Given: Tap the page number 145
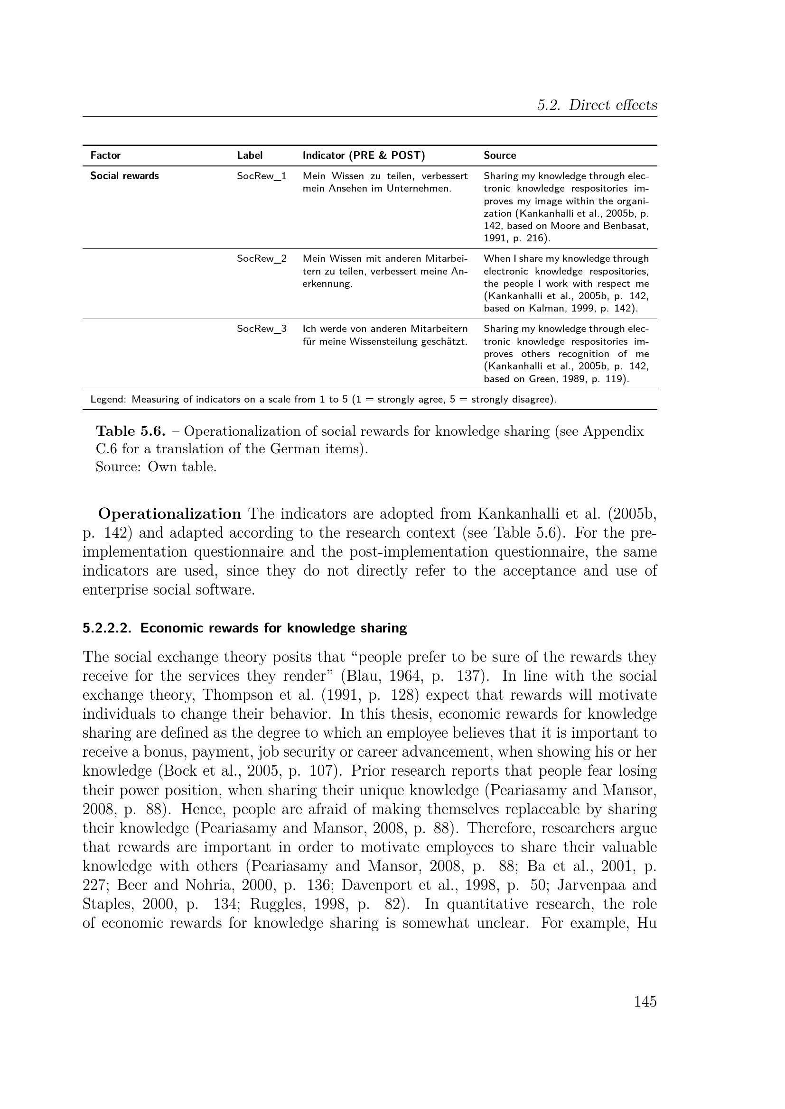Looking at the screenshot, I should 645,1001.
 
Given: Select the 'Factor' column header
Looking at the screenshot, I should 105,156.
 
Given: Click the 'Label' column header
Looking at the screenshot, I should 250,156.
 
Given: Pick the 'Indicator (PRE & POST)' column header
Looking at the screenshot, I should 364,156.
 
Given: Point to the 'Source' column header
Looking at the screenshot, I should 499,156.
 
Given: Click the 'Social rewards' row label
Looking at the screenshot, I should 124,176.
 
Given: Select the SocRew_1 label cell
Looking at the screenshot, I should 261,176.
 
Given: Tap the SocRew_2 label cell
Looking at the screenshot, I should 261,258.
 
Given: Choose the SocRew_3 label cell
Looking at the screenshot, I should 261,329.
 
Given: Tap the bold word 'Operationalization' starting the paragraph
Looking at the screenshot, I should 169,513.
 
